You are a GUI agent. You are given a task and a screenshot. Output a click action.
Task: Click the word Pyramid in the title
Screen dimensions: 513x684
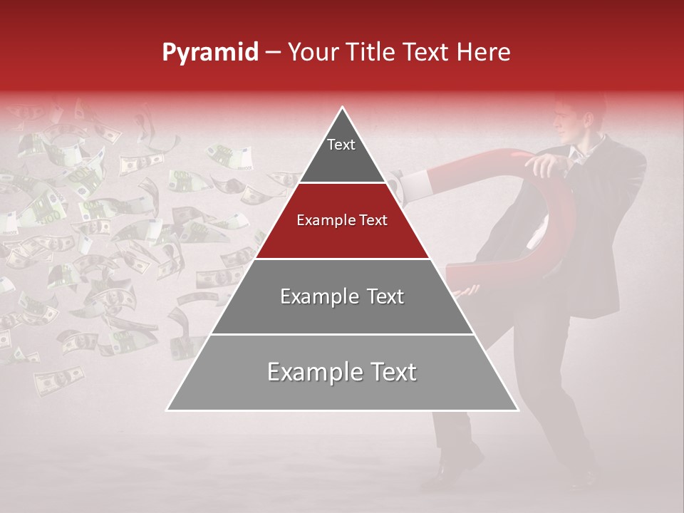209,53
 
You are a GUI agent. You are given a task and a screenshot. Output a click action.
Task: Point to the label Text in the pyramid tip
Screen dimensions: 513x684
341,145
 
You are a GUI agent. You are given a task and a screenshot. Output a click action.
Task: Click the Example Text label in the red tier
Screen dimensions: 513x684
342,220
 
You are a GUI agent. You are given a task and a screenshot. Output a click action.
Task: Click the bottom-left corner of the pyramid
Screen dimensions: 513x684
168,409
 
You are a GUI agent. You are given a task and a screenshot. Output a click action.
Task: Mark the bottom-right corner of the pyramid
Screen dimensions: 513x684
517,409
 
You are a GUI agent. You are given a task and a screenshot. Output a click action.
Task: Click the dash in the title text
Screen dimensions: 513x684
273,53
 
